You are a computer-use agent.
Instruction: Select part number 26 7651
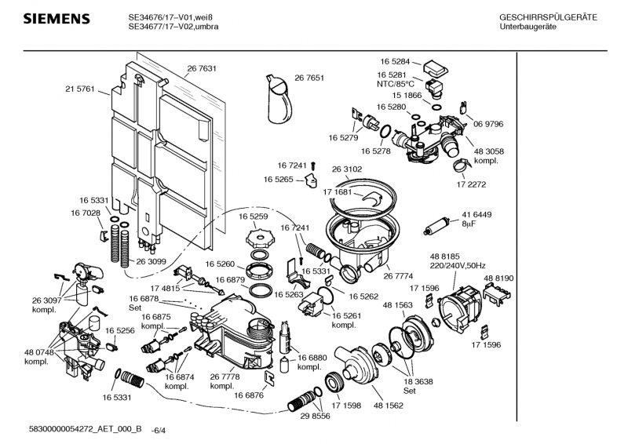[x=309, y=78]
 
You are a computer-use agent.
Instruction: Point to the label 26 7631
[x=202, y=69]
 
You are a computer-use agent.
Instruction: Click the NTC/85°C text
[x=396, y=83]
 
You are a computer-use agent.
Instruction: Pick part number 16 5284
[x=396, y=60]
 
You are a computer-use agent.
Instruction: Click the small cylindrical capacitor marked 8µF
[x=436, y=228]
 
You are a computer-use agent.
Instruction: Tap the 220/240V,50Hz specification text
[x=459, y=265]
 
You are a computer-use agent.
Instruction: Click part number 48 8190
[x=498, y=278]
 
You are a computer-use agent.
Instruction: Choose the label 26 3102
[x=347, y=169]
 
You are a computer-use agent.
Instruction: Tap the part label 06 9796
[x=487, y=124]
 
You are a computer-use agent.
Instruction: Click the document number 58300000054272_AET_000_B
[x=84, y=429]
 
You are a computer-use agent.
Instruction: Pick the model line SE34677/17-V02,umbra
[x=173, y=27]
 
